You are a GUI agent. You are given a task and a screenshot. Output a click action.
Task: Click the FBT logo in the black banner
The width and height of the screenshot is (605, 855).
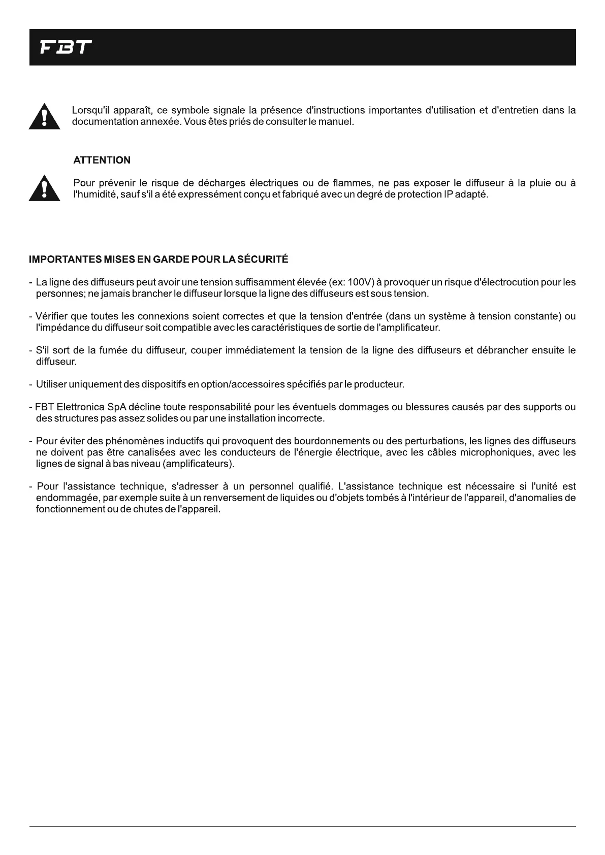pos(66,47)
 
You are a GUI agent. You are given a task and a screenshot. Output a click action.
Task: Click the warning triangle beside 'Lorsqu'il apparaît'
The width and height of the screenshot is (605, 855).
pos(45,117)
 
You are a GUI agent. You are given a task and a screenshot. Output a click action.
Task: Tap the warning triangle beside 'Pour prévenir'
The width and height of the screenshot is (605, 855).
pos(45,188)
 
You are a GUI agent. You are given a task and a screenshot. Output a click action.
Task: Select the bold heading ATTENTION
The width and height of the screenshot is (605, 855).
pos(102,160)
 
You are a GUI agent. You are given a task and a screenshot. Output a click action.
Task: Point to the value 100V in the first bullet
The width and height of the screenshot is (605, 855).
pos(361,282)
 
